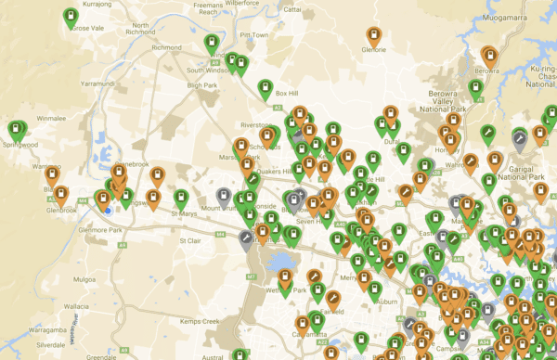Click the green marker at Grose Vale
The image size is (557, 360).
tap(71, 16)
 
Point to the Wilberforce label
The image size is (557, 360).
tap(267, 3)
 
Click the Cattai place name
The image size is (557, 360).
tap(291, 8)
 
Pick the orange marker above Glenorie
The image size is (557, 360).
tap(372, 36)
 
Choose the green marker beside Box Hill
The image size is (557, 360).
tap(265, 88)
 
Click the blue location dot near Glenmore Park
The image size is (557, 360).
tap(108, 210)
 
